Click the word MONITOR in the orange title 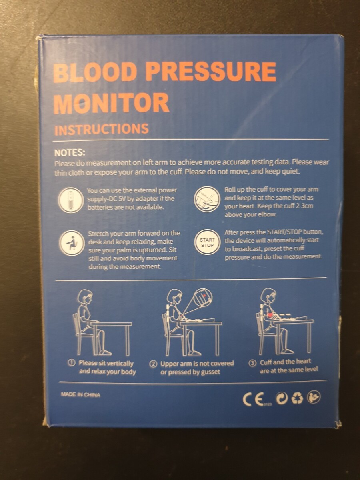point(111,102)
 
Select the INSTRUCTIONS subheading point(102,129)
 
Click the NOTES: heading point(70,153)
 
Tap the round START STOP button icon point(207,242)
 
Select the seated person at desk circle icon point(72,243)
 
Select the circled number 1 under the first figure point(72,363)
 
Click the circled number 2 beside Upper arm point(154,364)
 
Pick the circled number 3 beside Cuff point(253,363)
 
